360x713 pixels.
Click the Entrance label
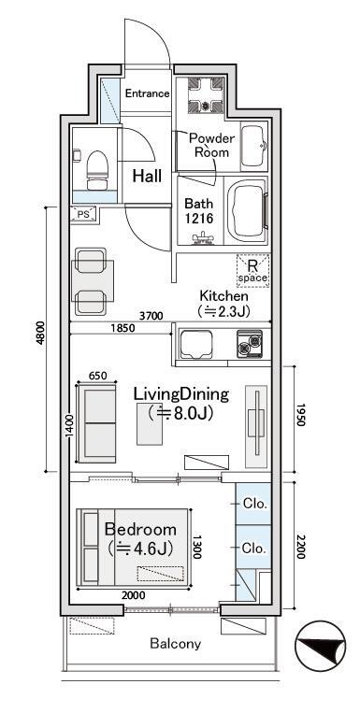[x=147, y=93]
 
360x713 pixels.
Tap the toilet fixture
[x=97, y=170]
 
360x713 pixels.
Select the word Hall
[x=147, y=177]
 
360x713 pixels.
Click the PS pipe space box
[x=84, y=215]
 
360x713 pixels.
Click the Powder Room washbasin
[x=252, y=147]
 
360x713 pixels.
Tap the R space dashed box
[x=252, y=271]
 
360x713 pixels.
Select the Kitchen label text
[x=223, y=296]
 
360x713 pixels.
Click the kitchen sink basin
[x=196, y=345]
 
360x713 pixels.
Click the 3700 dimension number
[x=151, y=316]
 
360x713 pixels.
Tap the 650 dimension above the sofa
[x=97, y=376]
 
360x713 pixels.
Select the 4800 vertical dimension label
[x=40, y=333]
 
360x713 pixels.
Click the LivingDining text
[x=180, y=394]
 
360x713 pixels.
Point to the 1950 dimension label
[x=300, y=415]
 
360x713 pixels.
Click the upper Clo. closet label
[x=254, y=504]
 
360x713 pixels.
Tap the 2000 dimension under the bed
[x=134, y=595]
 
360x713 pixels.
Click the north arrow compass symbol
[x=320, y=646]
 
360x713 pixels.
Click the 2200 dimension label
[x=300, y=547]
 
